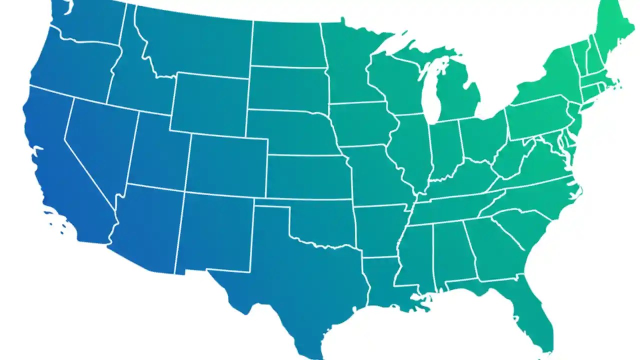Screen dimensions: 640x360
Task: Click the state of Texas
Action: click(x=300, y=280)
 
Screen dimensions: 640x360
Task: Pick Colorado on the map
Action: click(x=227, y=165)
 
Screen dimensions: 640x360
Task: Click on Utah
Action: click(x=157, y=152)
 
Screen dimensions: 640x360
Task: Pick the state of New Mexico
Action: click(x=215, y=230)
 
